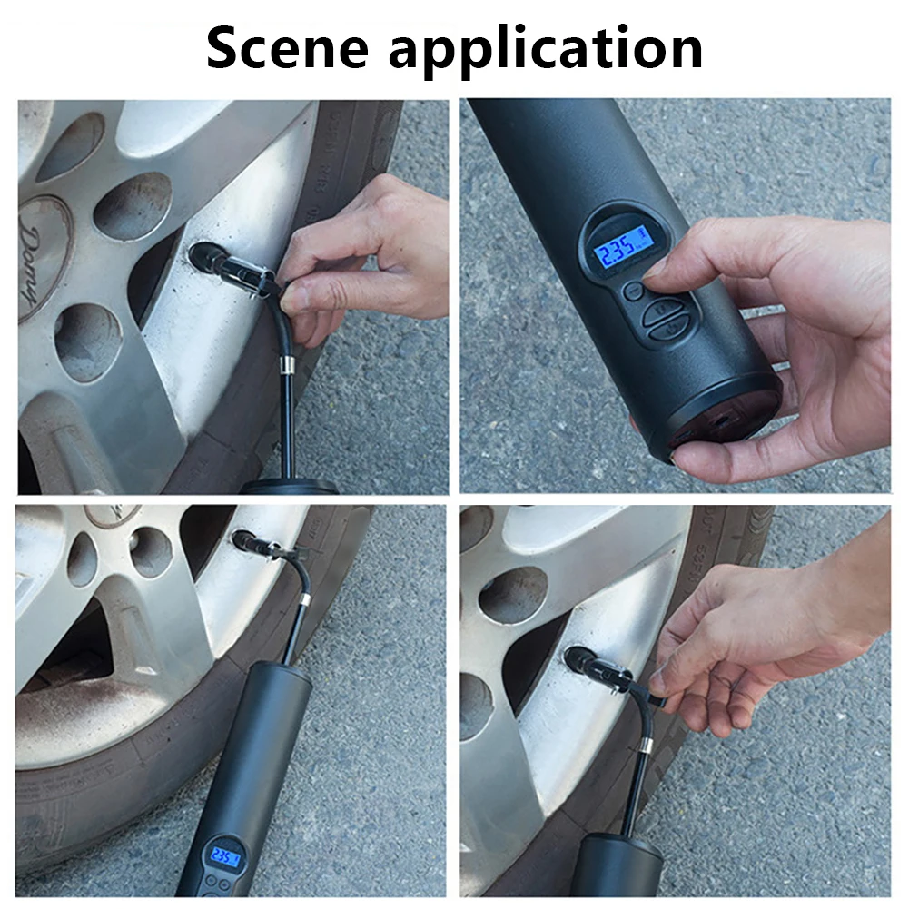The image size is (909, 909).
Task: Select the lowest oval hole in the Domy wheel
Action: pos(87,341)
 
